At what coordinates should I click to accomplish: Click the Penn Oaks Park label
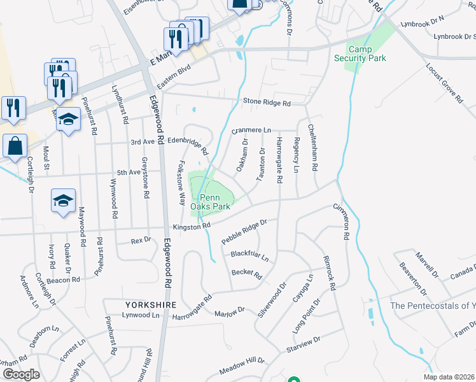click(x=211, y=201)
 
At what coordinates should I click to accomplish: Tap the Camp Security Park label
click(x=360, y=53)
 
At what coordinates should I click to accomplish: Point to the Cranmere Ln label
click(x=251, y=130)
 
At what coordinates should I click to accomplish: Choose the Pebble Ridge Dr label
click(x=243, y=232)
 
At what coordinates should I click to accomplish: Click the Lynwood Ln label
click(x=141, y=315)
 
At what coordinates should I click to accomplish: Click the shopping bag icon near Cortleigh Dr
click(x=14, y=145)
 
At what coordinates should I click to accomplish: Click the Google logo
click(x=21, y=374)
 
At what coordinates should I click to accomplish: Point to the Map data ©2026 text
click(x=448, y=377)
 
